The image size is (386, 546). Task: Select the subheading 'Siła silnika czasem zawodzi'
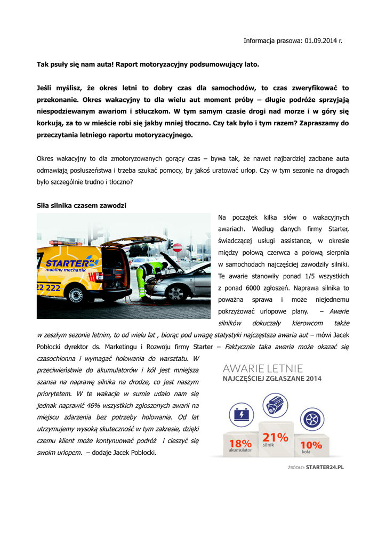pyautogui.click(x=81, y=205)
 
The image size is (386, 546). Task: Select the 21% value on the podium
pyautogui.click(x=276, y=437)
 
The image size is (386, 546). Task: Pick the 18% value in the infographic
pyautogui.click(x=240, y=443)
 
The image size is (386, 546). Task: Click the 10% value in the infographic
pyautogui.click(x=311, y=444)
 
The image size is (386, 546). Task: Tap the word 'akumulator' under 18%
pyautogui.click(x=240, y=451)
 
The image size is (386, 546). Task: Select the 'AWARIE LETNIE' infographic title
pyautogui.click(x=263, y=368)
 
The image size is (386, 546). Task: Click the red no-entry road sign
pyautogui.click(x=178, y=247)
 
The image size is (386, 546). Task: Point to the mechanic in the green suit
pyautogui.click(x=143, y=277)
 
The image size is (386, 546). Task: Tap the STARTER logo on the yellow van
pyautogui.click(x=70, y=263)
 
